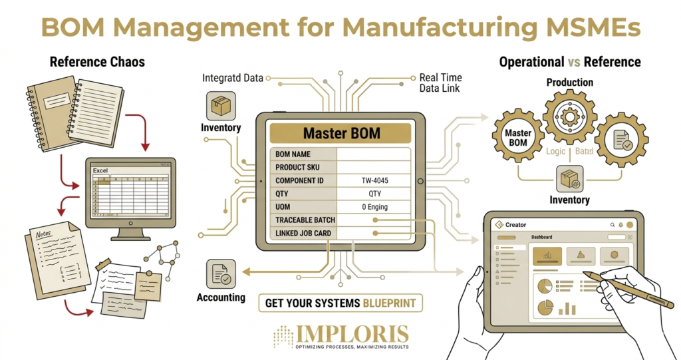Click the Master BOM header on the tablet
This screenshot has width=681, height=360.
342,133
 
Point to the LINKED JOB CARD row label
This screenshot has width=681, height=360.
303,233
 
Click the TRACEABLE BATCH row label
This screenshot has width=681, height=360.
305,220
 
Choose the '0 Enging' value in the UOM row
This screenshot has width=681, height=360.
374,206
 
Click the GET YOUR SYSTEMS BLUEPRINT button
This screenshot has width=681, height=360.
340,303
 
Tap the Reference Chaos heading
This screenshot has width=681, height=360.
97,63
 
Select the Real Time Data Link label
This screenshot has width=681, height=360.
440,83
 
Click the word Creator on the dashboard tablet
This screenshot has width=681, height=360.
515,225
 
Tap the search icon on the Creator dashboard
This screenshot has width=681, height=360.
612,225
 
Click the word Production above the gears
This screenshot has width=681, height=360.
569,83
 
